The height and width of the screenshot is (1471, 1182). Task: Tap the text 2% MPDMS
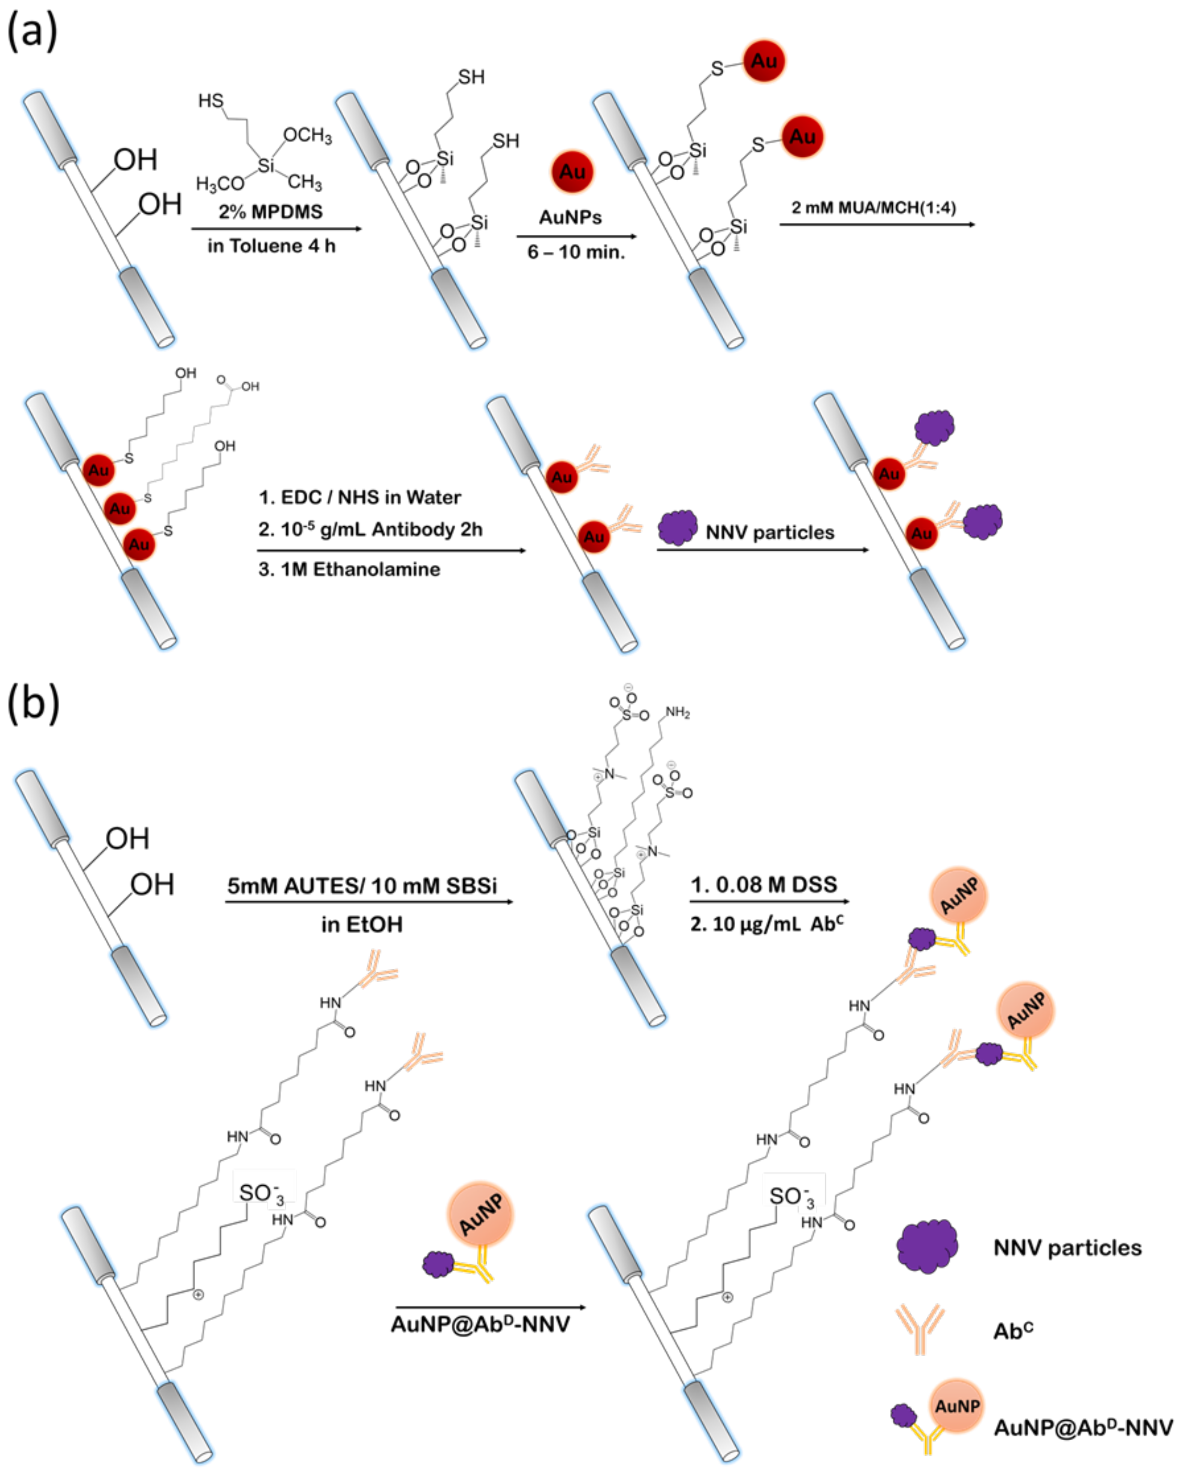(x=271, y=211)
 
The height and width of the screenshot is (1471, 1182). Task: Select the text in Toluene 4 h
(x=271, y=246)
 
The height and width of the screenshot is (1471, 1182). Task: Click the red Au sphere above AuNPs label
(x=572, y=172)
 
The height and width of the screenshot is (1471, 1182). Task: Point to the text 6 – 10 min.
(x=576, y=252)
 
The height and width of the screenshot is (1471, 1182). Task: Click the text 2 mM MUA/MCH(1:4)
(x=874, y=207)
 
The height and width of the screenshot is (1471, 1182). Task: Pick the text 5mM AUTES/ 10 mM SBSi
(x=362, y=885)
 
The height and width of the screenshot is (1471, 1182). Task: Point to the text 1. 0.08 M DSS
(x=763, y=885)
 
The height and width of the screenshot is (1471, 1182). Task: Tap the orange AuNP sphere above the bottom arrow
(x=481, y=1215)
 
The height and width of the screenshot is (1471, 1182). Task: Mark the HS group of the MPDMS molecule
(x=211, y=101)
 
